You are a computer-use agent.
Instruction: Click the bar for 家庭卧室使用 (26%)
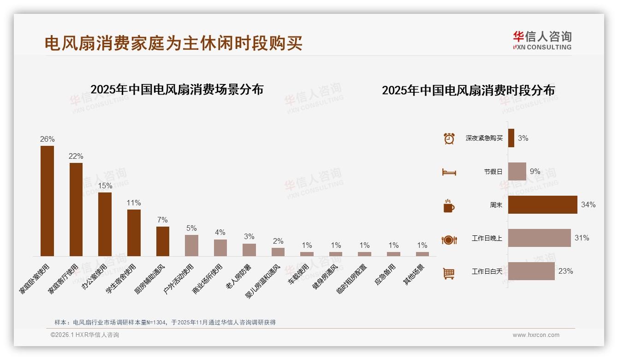click(47, 201)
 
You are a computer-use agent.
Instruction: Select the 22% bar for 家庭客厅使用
click(76, 209)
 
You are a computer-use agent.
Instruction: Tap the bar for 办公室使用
click(105, 224)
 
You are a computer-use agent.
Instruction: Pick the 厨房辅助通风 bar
click(163, 241)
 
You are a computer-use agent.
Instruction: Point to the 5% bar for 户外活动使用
click(191, 245)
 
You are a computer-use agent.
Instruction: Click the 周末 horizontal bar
click(542, 204)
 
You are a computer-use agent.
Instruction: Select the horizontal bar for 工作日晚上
click(539, 238)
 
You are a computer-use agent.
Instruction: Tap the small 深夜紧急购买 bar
click(511, 138)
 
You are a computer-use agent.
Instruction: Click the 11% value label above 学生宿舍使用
click(134, 203)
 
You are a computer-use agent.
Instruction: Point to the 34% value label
click(588, 204)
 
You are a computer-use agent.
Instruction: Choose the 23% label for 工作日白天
click(565, 271)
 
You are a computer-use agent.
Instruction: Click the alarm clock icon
click(449, 138)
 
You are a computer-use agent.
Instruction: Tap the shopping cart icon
click(449, 273)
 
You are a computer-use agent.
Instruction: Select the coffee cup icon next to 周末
click(449, 206)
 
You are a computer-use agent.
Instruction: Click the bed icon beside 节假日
click(449, 172)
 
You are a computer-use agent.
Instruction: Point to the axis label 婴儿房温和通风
click(263, 281)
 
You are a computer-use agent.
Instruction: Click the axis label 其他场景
click(415, 275)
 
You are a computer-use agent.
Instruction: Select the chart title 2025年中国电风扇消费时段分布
click(468, 90)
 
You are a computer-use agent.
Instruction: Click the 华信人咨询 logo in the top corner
click(542, 40)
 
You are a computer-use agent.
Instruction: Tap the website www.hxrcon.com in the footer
click(536, 335)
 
